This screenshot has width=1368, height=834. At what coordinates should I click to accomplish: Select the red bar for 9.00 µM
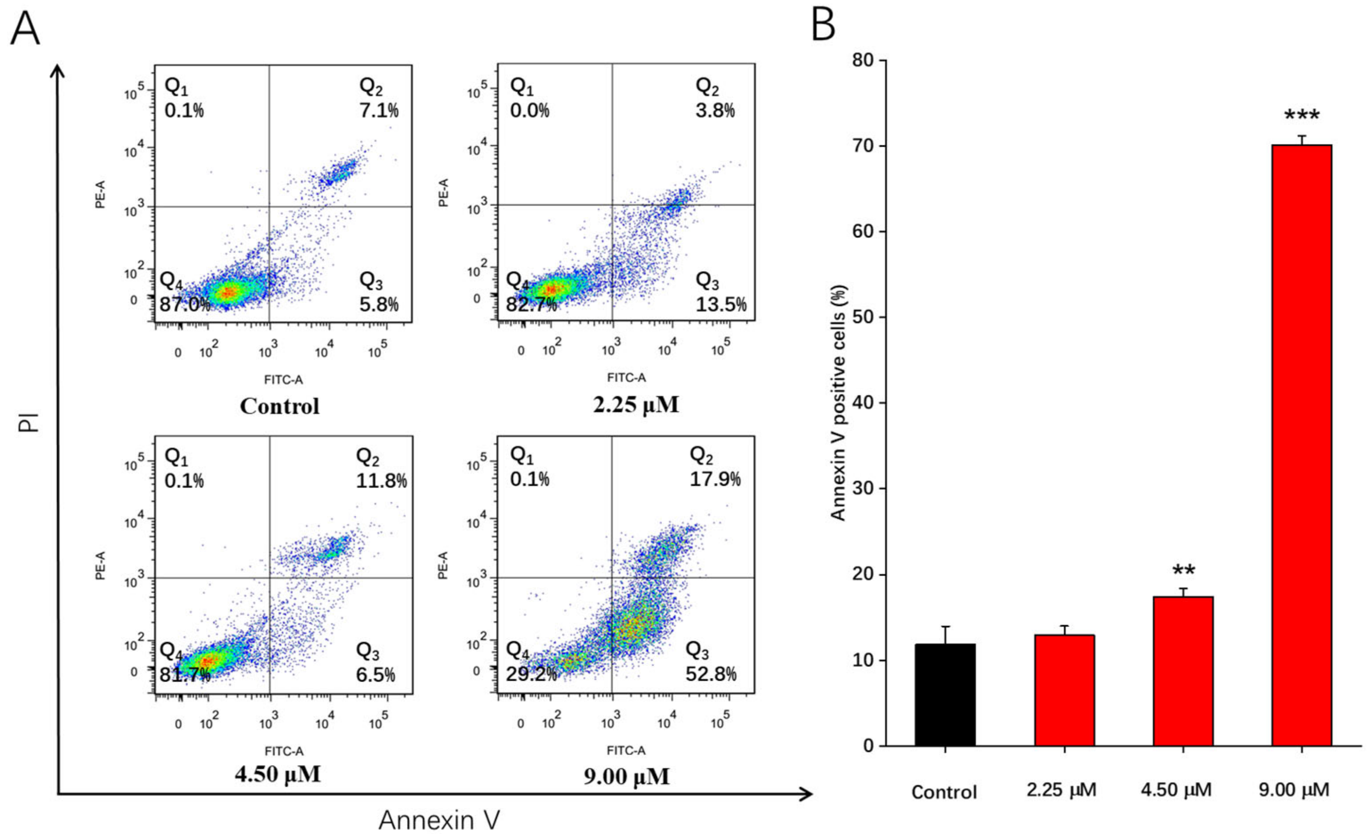pos(1301,444)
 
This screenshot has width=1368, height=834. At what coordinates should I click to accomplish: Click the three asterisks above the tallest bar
pos(1301,116)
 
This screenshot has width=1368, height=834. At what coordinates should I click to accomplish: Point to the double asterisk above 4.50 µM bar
pos(1183,571)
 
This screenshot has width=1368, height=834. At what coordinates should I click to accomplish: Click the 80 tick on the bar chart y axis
pos(863,60)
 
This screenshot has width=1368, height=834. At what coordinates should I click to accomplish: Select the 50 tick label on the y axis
pos(863,317)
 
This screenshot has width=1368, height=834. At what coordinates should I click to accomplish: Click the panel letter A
pos(25,29)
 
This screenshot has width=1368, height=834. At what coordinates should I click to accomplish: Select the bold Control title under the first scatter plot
pos(279,406)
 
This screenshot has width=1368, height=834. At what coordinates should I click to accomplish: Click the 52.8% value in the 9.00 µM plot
pos(711,674)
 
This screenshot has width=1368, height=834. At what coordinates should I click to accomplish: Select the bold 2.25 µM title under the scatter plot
pos(636,405)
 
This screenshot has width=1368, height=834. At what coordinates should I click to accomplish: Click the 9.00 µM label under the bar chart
pos(1294,790)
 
